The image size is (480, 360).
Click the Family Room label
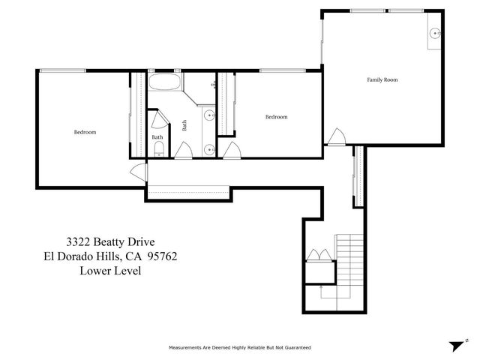(x=382, y=79)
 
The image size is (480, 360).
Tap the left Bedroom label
(x=84, y=132)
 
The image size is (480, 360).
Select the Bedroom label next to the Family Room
(x=277, y=117)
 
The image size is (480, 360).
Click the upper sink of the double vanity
(x=211, y=116)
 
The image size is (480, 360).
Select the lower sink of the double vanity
(x=211, y=150)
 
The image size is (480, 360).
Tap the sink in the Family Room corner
(x=434, y=34)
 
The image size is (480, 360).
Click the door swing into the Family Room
(x=335, y=136)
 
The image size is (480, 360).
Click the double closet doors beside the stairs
(x=319, y=256)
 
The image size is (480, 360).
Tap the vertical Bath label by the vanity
(x=184, y=126)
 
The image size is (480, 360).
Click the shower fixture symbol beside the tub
(x=214, y=85)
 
